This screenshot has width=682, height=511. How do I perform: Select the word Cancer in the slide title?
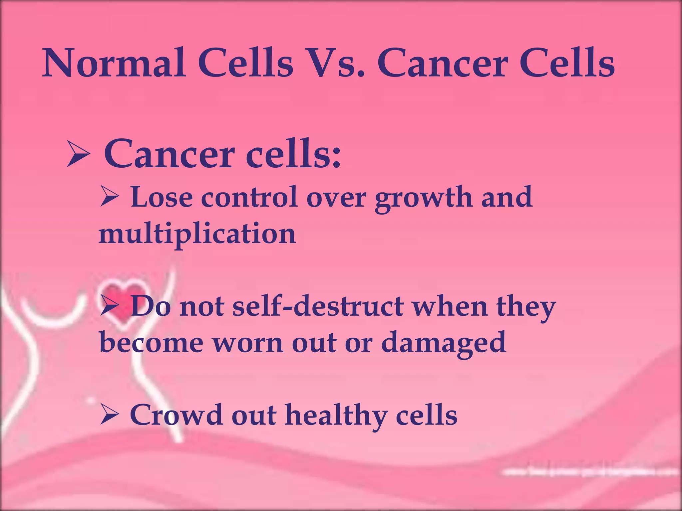tap(443, 63)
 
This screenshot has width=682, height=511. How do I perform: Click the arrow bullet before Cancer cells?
tap(79, 153)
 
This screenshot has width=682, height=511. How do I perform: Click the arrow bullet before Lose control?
tap(109, 197)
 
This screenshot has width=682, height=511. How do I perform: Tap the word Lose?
tap(162, 197)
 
